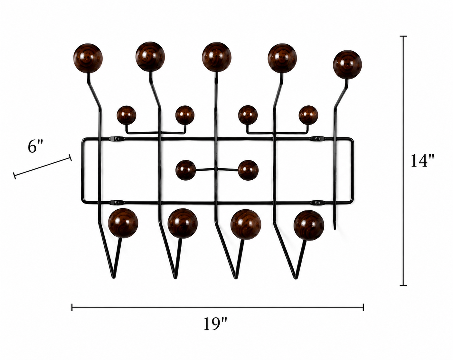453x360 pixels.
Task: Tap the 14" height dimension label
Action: pyautogui.click(x=423, y=161)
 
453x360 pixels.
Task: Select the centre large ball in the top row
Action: pyautogui.click(x=216, y=57)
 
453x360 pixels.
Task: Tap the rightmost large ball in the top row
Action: pyautogui.click(x=347, y=65)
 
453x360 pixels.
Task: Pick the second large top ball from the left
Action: pyautogui.click(x=150, y=57)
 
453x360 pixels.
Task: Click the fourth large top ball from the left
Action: pyautogui.click(x=282, y=58)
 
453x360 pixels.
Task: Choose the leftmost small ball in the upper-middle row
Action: pyautogui.click(x=126, y=115)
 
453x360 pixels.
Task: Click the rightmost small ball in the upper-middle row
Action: pyautogui.click(x=308, y=115)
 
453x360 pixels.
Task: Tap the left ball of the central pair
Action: pyautogui.click(x=185, y=170)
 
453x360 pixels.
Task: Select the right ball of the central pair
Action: pyautogui.click(x=248, y=170)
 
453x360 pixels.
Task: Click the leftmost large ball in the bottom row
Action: pyautogui.click(x=123, y=223)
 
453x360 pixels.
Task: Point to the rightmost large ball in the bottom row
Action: pyautogui.click(x=308, y=225)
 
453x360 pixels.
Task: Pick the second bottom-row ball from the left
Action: pyautogui.click(x=183, y=223)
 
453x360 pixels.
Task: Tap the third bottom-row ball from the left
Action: pyautogui.click(x=246, y=224)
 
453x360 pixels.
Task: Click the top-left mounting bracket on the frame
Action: pyautogui.click(x=117, y=138)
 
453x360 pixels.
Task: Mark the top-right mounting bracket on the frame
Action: pyautogui.click(x=318, y=138)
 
